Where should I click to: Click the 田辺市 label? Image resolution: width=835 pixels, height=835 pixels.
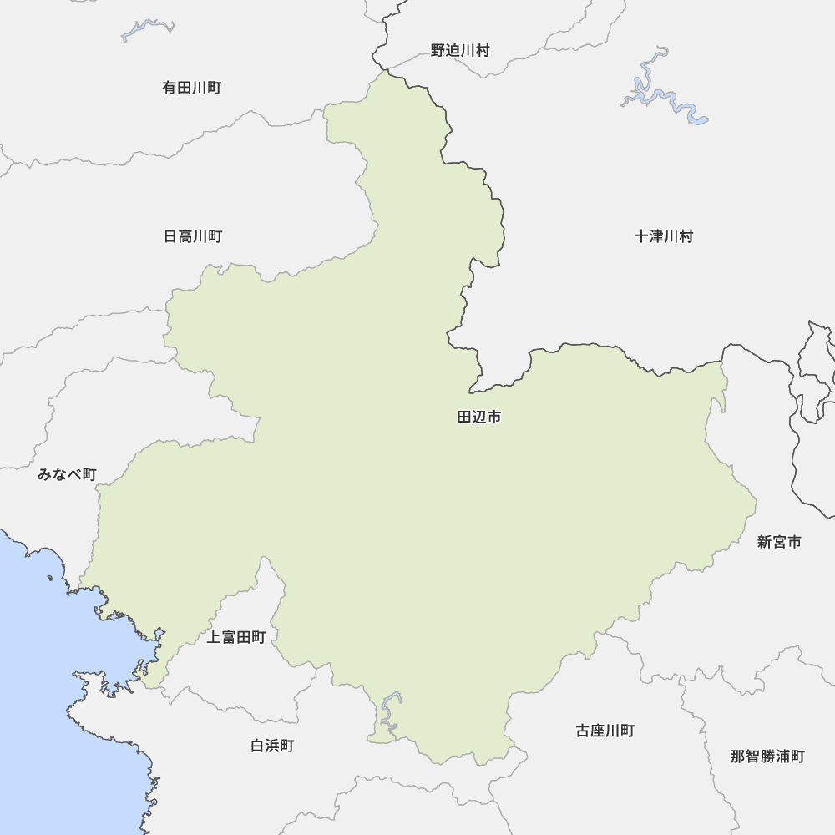tap(479, 417)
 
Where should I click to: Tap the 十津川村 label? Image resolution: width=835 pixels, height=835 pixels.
tap(664, 236)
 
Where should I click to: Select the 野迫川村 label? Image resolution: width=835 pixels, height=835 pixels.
tap(460, 51)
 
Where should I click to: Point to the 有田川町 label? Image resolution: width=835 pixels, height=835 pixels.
tap(192, 88)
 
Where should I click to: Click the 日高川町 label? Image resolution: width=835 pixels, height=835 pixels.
tap(193, 237)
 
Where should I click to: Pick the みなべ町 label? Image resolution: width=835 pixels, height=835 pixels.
tap(67, 475)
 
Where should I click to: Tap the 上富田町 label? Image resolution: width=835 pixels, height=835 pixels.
tap(235, 638)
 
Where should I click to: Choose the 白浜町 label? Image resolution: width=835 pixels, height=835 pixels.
tap(272, 746)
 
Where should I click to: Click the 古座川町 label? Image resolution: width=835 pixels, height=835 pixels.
tap(605, 731)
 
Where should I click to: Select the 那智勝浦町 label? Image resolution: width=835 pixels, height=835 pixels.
tap(767, 757)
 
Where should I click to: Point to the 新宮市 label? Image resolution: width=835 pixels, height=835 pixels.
tap(779, 543)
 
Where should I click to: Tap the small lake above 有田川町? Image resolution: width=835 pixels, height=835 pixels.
tap(147, 30)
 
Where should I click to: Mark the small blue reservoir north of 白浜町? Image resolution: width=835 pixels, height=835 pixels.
tap(388, 710)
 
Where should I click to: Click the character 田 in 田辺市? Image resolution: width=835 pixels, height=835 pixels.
tap(465, 417)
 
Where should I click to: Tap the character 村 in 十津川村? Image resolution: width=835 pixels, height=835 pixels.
tap(686, 236)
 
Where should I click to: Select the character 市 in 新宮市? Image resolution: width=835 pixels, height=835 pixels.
tap(794, 543)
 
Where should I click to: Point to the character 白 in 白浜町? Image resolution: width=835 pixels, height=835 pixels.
tap(257, 746)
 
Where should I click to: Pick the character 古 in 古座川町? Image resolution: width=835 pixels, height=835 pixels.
tap(583, 731)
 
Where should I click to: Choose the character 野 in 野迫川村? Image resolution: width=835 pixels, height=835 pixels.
tap(438, 51)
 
